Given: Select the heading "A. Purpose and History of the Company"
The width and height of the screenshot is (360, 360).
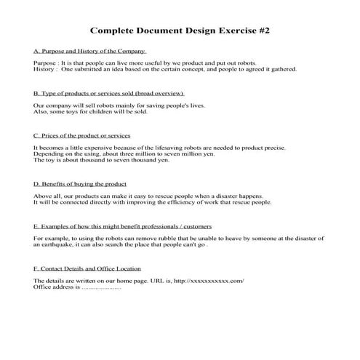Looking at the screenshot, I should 91,52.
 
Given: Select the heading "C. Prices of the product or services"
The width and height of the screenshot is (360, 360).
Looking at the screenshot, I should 82,135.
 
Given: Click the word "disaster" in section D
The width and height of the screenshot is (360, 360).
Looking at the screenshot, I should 220,196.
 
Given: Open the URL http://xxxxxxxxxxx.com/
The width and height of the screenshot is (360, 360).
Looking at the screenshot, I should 209,281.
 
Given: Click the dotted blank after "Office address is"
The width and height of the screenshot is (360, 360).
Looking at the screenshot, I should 102,287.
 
